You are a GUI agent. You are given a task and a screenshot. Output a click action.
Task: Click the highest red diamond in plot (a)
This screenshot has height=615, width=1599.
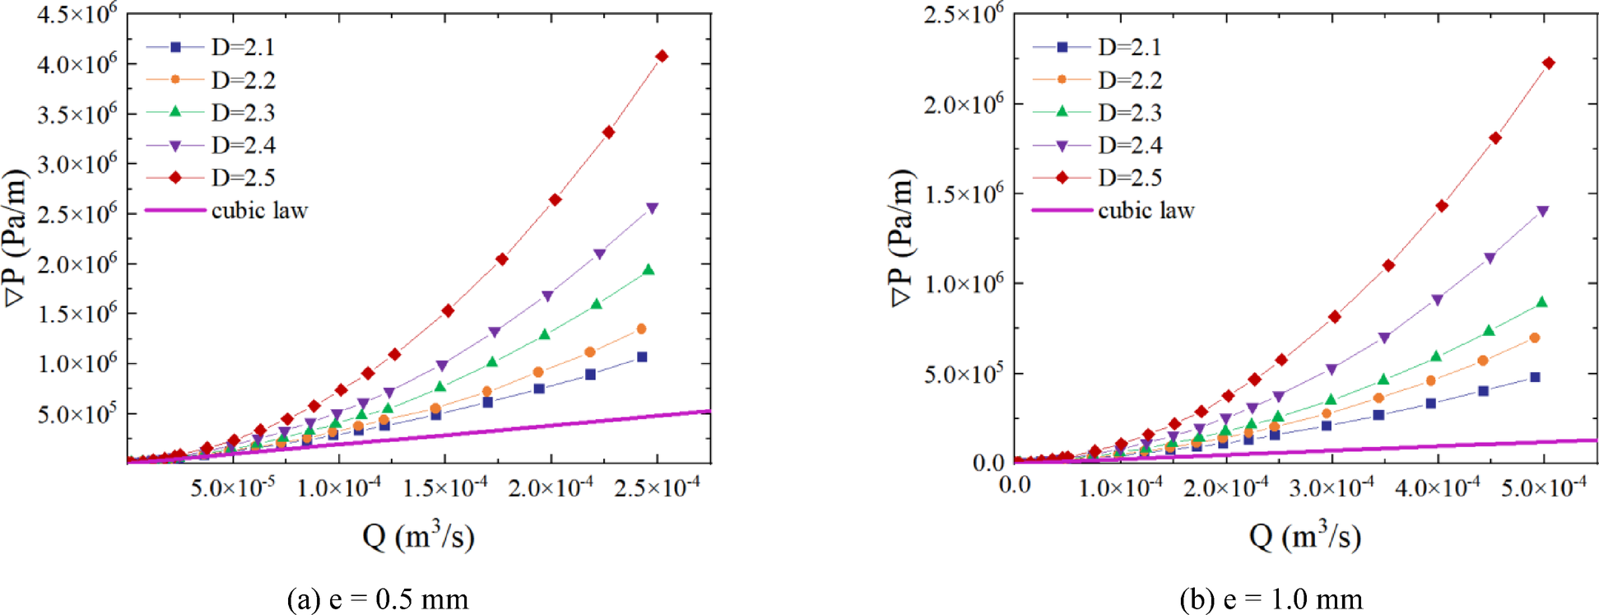[x=662, y=56]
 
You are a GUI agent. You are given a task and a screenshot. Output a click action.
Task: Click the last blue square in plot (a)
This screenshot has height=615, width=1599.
[x=642, y=356]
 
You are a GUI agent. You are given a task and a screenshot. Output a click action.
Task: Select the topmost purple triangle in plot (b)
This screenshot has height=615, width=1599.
[x=1542, y=212]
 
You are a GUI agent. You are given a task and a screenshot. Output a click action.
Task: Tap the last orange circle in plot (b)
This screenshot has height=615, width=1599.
[x=1534, y=338]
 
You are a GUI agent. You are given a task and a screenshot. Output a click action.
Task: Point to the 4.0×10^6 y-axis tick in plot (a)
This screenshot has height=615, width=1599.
[x=77, y=63]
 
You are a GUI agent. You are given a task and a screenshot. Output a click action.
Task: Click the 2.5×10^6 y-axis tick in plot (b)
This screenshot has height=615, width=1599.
[x=964, y=14]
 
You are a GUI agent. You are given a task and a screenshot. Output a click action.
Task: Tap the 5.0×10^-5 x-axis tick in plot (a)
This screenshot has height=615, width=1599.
[x=233, y=487]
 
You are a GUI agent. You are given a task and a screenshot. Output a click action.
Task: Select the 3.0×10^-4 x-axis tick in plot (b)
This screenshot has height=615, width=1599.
[x=1332, y=487]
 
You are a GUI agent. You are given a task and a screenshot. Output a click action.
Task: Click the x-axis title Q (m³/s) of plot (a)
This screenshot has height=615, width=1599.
[x=418, y=537]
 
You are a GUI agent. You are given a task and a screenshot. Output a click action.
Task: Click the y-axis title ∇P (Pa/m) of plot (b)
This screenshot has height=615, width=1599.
[x=902, y=238]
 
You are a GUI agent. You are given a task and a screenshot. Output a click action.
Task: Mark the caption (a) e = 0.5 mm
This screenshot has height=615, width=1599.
[x=377, y=599]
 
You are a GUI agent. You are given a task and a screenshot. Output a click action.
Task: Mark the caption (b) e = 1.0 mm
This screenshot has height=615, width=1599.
[x=1271, y=599]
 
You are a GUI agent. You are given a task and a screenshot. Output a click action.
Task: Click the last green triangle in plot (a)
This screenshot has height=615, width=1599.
[x=648, y=269]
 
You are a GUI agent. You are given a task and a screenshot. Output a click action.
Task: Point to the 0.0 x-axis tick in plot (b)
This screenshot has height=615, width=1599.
[x=1015, y=485]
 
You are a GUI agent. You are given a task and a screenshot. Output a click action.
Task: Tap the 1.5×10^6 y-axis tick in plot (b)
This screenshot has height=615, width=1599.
[x=964, y=194]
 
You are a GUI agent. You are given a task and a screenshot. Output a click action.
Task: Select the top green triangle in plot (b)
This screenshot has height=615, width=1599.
[x=1541, y=302]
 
